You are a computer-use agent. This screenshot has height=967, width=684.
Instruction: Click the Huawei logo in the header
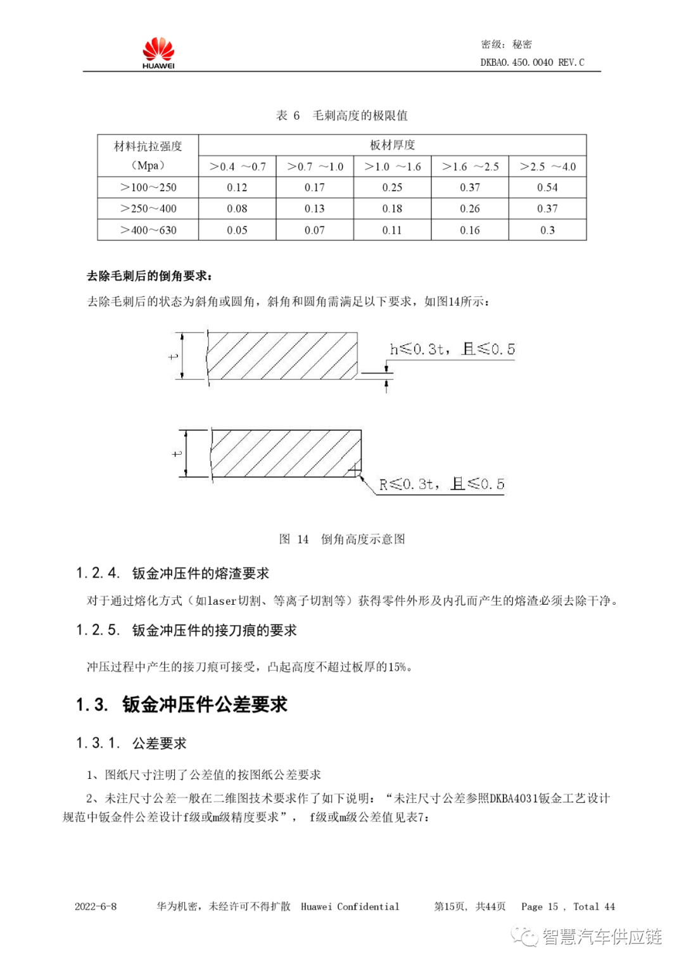[x=158, y=53]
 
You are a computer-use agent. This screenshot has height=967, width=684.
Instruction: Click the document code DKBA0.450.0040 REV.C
[x=532, y=62]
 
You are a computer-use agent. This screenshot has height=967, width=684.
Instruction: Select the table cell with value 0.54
[x=547, y=187]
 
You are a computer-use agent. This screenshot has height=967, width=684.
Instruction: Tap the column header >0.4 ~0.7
[x=237, y=167]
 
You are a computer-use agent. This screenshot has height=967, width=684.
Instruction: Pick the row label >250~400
[x=148, y=208]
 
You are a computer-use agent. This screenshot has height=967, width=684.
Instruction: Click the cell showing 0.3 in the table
[x=547, y=230]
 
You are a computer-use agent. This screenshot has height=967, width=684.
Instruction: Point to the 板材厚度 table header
[x=392, y=145]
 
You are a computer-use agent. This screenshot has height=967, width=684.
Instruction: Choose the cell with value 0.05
[x=237, y=230]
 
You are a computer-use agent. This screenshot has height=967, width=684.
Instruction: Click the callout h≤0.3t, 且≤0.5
[x=452, y=349]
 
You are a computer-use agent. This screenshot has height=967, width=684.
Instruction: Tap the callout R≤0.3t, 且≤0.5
[x=441, y=484]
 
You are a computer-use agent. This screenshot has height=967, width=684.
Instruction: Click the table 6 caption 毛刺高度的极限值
[x=360, y=115]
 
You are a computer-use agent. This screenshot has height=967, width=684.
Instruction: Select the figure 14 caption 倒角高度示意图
[x=362, y=539]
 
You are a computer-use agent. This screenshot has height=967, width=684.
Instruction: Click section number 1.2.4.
[x=98, y=573]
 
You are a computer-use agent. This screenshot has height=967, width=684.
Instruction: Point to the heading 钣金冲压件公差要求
[x=205, y=704]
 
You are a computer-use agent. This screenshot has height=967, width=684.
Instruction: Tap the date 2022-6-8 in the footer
[x=96, y=906]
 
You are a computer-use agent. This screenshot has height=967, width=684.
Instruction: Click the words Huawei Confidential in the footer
[x=350, y=906]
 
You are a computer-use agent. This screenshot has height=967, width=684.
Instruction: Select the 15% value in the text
[x=397, y=667]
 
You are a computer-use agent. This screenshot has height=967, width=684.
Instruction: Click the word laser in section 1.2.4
[x=222, y=600]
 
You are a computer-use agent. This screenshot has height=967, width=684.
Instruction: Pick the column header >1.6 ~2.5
[x=470, y=167]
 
